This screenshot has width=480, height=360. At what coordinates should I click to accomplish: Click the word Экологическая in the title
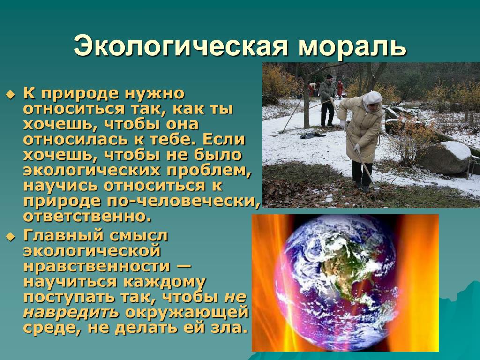coord(180,46)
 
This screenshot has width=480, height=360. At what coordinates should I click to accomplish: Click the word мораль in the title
coord(352,46)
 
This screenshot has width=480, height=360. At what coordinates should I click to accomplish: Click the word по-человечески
coord(184,201)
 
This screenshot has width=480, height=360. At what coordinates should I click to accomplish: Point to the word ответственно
coord(87,217)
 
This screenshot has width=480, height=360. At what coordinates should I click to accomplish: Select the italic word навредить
coord(71,312)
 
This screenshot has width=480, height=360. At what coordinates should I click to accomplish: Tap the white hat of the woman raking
coord(372,97)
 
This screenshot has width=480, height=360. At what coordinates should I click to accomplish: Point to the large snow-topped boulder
coord(445,157)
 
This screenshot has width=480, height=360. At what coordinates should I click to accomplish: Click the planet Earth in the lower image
coord(336,282)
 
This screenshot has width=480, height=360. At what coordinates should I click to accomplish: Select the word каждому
coord(164,282)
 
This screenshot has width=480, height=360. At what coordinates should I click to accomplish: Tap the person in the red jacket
coord(340,89)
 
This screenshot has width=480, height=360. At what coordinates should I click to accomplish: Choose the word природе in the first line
coord(80,94)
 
